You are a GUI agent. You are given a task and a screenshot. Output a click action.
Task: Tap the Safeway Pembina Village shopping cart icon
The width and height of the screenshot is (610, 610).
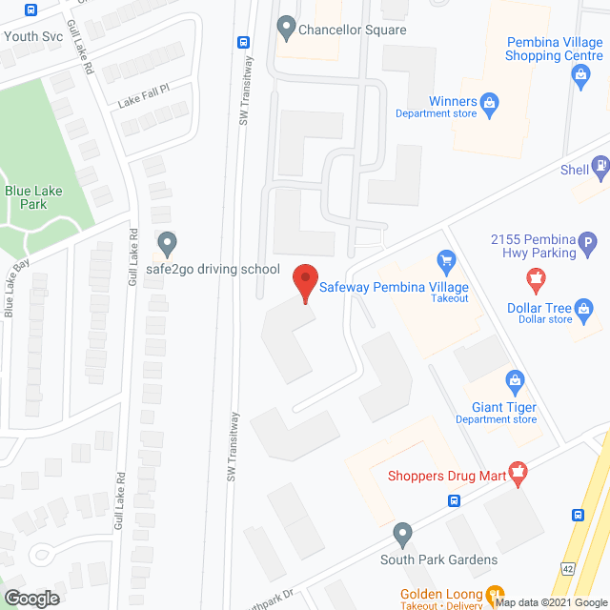445,259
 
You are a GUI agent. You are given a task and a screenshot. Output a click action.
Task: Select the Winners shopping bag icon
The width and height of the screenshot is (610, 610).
490,102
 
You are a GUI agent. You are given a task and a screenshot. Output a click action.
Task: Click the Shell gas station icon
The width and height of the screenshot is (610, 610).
601,169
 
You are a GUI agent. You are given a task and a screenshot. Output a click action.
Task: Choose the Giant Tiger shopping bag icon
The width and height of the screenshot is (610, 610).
516,383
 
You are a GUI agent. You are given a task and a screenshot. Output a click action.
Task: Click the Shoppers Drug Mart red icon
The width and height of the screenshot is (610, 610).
518,472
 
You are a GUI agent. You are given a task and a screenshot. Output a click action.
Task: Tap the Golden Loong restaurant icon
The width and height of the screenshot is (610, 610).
495,595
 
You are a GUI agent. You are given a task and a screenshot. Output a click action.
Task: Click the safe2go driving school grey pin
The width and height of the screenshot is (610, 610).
167,243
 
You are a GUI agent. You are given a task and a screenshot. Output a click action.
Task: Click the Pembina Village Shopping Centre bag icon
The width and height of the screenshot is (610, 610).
582,80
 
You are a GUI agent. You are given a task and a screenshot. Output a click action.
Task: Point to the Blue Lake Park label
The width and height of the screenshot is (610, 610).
33,197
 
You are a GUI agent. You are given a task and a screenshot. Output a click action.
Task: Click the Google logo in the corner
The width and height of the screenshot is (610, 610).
30,598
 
